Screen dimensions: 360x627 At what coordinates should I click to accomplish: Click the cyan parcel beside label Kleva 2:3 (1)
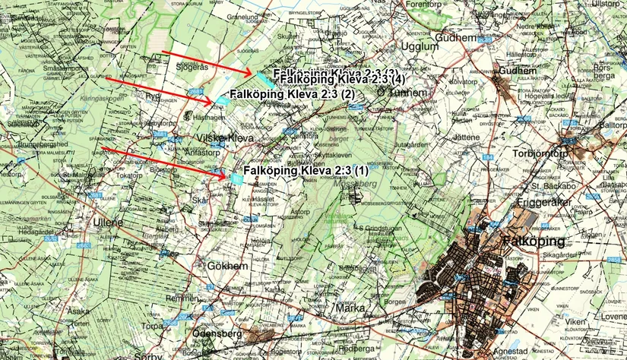(237, 178)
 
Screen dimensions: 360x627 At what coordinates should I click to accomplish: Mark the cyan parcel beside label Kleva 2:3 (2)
(222, 99)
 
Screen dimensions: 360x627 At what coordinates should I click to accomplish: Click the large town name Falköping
(535, 242)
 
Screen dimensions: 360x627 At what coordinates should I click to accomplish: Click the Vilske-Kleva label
(224, 139)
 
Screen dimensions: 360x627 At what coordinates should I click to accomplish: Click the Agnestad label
(524, 352)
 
